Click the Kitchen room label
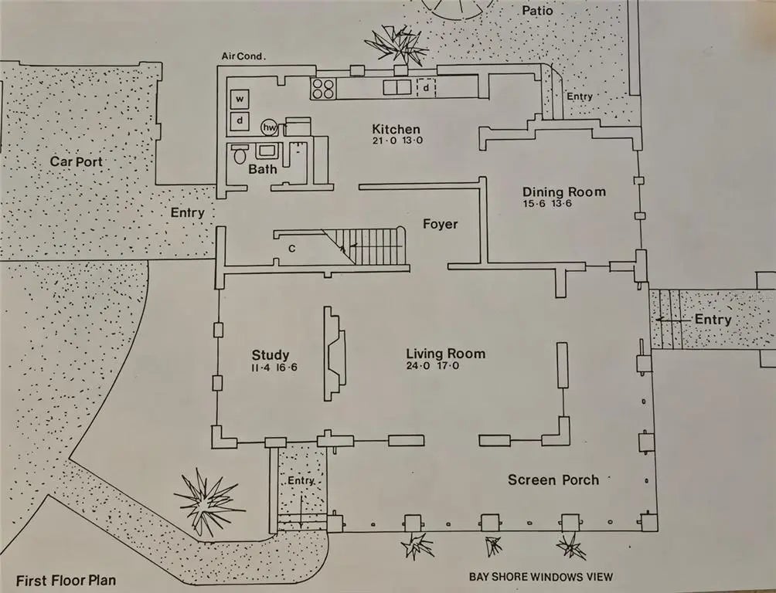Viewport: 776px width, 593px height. coord(396,130)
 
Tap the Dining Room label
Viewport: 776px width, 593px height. coord(563,192)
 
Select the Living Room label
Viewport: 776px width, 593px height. coord(446,354)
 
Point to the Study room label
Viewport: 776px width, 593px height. coord(271,355)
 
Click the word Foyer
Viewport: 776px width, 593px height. coord(440,225)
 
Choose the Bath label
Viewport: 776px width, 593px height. coord(263,169)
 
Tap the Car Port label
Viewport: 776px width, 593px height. coord(76,161)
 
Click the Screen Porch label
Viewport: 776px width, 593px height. coord(553,479)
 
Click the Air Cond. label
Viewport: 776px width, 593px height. coord(243,56)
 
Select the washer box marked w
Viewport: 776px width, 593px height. coord(240,100)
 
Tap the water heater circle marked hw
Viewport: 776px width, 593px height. coord(270,127)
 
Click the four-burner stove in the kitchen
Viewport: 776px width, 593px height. coord(323,89)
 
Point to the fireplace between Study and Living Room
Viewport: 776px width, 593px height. coord(335,353)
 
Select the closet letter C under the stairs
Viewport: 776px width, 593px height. coord(291,249)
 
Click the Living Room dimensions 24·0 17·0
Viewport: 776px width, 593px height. coord(433,367)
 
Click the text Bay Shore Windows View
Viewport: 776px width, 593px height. coord(540,577)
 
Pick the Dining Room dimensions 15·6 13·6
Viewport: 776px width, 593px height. coord(551,204)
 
